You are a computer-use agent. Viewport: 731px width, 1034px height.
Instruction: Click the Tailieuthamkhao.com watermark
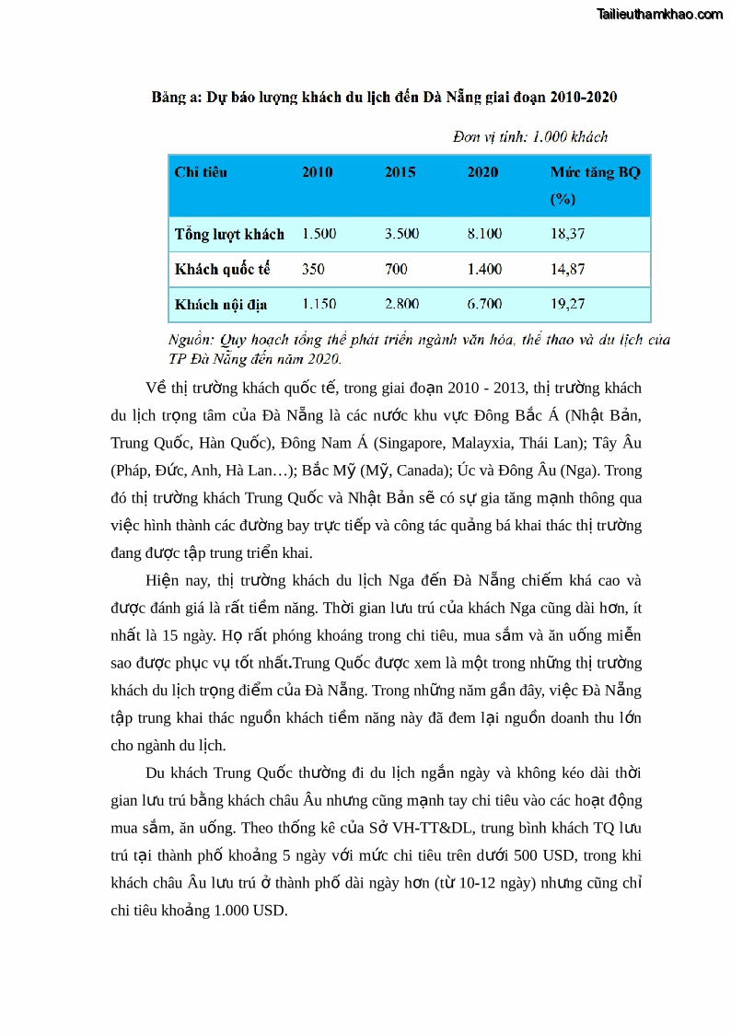(659, 14)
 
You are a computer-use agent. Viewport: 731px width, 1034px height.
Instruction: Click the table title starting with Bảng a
(384, 97)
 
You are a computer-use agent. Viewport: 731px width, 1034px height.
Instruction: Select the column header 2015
(400, 172)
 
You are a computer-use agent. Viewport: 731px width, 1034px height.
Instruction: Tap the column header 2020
(482, 172)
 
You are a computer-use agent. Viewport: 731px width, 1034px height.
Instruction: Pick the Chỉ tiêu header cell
(201, 172)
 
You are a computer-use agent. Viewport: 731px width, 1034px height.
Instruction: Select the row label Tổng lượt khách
(229, 234)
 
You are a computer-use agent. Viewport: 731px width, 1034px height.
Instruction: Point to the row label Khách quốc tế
(222, 270)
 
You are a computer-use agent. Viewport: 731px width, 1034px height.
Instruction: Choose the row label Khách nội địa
(220, 304)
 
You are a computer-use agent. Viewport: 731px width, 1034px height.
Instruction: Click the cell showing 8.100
(484, 234)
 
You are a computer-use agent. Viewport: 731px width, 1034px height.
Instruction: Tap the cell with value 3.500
(401, 234)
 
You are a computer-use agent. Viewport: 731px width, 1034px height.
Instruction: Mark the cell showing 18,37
(567, 234)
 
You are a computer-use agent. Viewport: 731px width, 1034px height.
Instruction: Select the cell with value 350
(313, 270)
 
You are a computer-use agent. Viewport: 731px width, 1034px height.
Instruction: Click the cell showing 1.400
(484, 270)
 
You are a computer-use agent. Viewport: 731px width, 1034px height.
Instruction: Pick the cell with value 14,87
(567, 270)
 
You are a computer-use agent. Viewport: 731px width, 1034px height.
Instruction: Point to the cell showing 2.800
(401, 304)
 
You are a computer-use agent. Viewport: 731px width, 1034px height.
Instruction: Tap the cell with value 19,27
(567, 304)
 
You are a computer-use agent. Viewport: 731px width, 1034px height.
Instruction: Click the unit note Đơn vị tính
(530, 137)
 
